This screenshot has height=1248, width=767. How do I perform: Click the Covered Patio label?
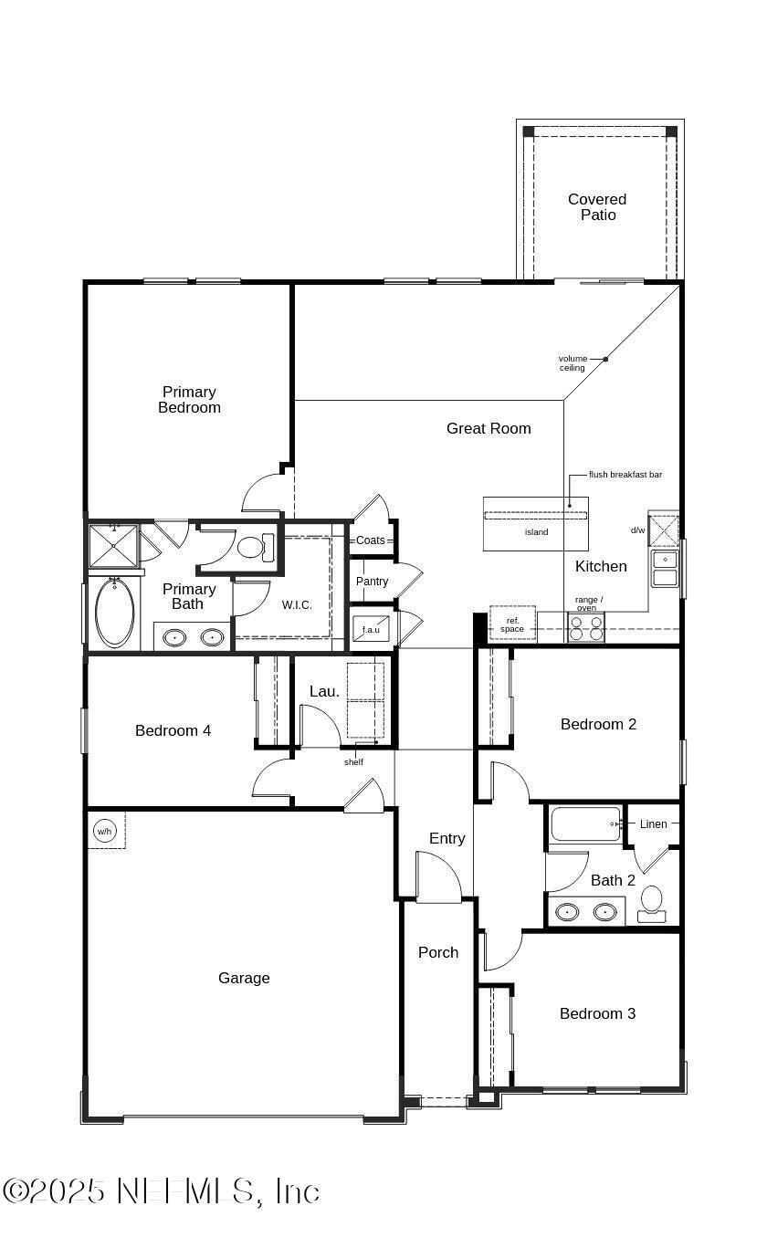[x=597, y=207]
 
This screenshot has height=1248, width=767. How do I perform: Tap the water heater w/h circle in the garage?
[x=104, y=832]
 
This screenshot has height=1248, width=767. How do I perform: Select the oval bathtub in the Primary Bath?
[x=115, y=613]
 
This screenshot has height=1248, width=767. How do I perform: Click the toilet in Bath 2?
[x=652, y=900]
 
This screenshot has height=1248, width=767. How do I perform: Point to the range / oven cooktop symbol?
[x=585, y=626]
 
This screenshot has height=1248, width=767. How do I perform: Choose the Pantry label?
[x=372, y=582]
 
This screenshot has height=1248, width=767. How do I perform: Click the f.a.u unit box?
[x=370, y=629]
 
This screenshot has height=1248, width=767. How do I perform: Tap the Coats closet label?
[x=371, y=540]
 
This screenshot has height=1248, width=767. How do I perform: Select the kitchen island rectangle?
[x=535, y=525]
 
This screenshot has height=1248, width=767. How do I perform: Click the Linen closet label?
[x=653, y=824]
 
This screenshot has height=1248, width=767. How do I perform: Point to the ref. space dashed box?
[x=512, y=624]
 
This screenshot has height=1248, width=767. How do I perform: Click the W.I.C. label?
[x=297, y=605]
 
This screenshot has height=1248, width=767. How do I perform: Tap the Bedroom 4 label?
[x=173, y=730]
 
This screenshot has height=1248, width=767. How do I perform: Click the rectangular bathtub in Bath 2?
[x=585, y=824]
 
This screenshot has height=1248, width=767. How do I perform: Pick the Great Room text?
[x=489, y=428]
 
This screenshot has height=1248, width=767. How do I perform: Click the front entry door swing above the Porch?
[x=438, y=878]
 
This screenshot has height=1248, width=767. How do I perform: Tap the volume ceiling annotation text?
[x=573, y=363]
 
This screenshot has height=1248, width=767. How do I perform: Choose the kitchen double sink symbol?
[x=665, y=568]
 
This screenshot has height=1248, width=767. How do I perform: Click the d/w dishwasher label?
[x=637, y=530]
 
